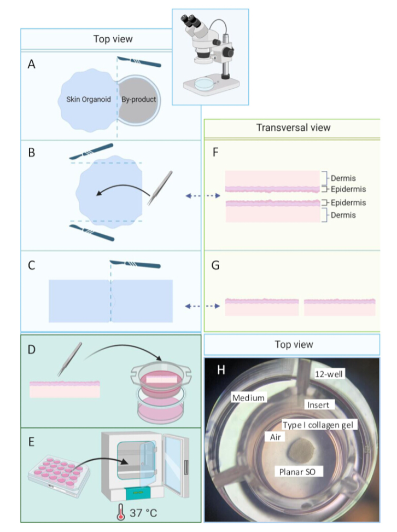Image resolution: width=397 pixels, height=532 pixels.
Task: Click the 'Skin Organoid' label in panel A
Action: (x=89, y=100)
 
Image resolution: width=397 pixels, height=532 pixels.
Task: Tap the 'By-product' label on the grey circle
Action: (x=139, y=100)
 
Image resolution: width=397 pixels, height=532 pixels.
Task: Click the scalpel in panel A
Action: (x=139, y=62)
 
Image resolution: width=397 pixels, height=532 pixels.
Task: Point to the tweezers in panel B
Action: (x=160, y=188)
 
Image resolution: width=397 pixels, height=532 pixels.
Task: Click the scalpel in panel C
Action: (x=135, y=264)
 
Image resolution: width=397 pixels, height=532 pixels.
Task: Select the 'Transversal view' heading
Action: (x=293, y=128)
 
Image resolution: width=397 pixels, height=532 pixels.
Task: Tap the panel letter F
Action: (x=215, y=153)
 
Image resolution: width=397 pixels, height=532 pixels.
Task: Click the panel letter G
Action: (x=215, y=265)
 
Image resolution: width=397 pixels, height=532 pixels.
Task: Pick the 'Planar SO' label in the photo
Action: (x=297, y=472)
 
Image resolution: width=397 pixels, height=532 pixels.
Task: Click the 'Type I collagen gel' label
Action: (x=318, y=425)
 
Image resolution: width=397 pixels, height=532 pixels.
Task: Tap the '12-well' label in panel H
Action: (x=329, y=374)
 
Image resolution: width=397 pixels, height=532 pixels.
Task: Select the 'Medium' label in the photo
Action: (x=248, y=398)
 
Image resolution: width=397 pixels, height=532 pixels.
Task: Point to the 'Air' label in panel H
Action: (x=275, y=437)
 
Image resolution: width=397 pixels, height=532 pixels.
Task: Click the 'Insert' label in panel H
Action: (x=318, y=405)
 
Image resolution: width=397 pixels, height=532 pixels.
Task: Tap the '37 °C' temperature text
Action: (x=143, y=513)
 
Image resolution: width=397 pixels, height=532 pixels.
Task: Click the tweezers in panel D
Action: (x=70, y=359)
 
